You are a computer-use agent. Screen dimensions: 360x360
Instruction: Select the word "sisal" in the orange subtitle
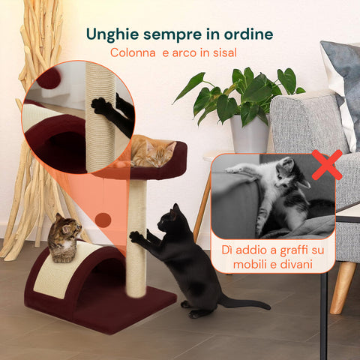[x=221, y=53]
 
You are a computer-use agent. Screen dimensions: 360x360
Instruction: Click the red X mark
[x=327, y=165]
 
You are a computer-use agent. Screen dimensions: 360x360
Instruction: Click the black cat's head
[x=172, y=220]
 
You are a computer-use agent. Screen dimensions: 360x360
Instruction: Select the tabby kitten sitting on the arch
[x=64, y=236]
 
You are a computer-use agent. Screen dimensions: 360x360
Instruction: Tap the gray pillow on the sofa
[x=341, y=75]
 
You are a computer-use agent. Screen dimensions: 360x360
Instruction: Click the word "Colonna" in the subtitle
[x=133, y=53]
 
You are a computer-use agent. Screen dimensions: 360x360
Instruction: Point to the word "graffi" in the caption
[x=283, y=250]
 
